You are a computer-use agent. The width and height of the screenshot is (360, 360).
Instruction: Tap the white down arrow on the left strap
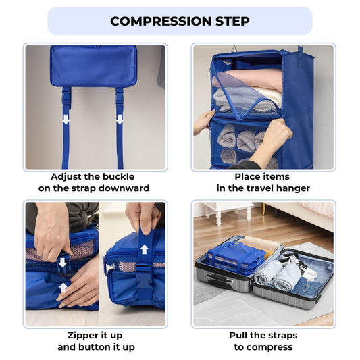tap(66, 119)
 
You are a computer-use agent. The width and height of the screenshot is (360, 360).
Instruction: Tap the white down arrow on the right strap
tap(120, 119)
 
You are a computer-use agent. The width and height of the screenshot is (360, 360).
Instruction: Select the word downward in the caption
tap(123, 188)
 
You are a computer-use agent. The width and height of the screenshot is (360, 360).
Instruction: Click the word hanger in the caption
tap(292, 188)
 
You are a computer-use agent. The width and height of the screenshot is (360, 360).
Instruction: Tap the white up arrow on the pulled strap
tap(144, 249)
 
